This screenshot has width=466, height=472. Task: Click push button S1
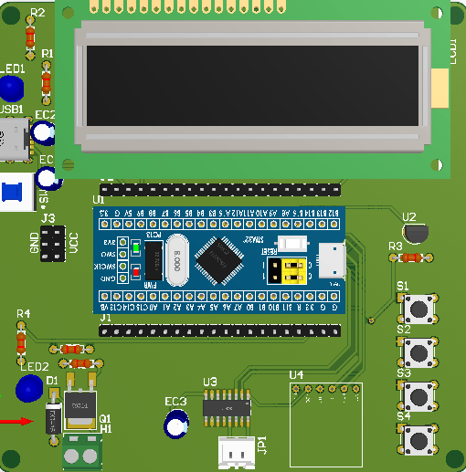tap(419, 309)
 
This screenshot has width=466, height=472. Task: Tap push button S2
tap(419, 351)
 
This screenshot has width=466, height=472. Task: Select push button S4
tap(419, 440)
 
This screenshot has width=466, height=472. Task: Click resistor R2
tap(31, 36)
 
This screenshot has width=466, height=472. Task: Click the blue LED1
tap(11, 89)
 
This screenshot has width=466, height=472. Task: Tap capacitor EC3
tap(174, 425)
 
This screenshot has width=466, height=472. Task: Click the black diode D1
tap(53, 416)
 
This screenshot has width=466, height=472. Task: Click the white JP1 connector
tap(237, 451)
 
